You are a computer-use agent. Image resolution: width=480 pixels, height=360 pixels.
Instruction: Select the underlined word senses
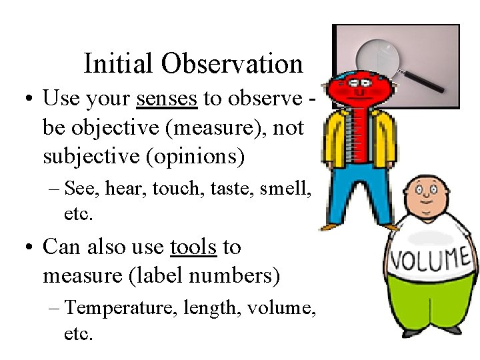pyautogui.click(x=166, y=99)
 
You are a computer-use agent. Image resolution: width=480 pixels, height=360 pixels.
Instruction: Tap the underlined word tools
pyautogui.click(x=193, y=247)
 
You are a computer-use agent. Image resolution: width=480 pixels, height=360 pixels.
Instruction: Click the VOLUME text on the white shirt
pyautogui.click(x=430, y=259)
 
